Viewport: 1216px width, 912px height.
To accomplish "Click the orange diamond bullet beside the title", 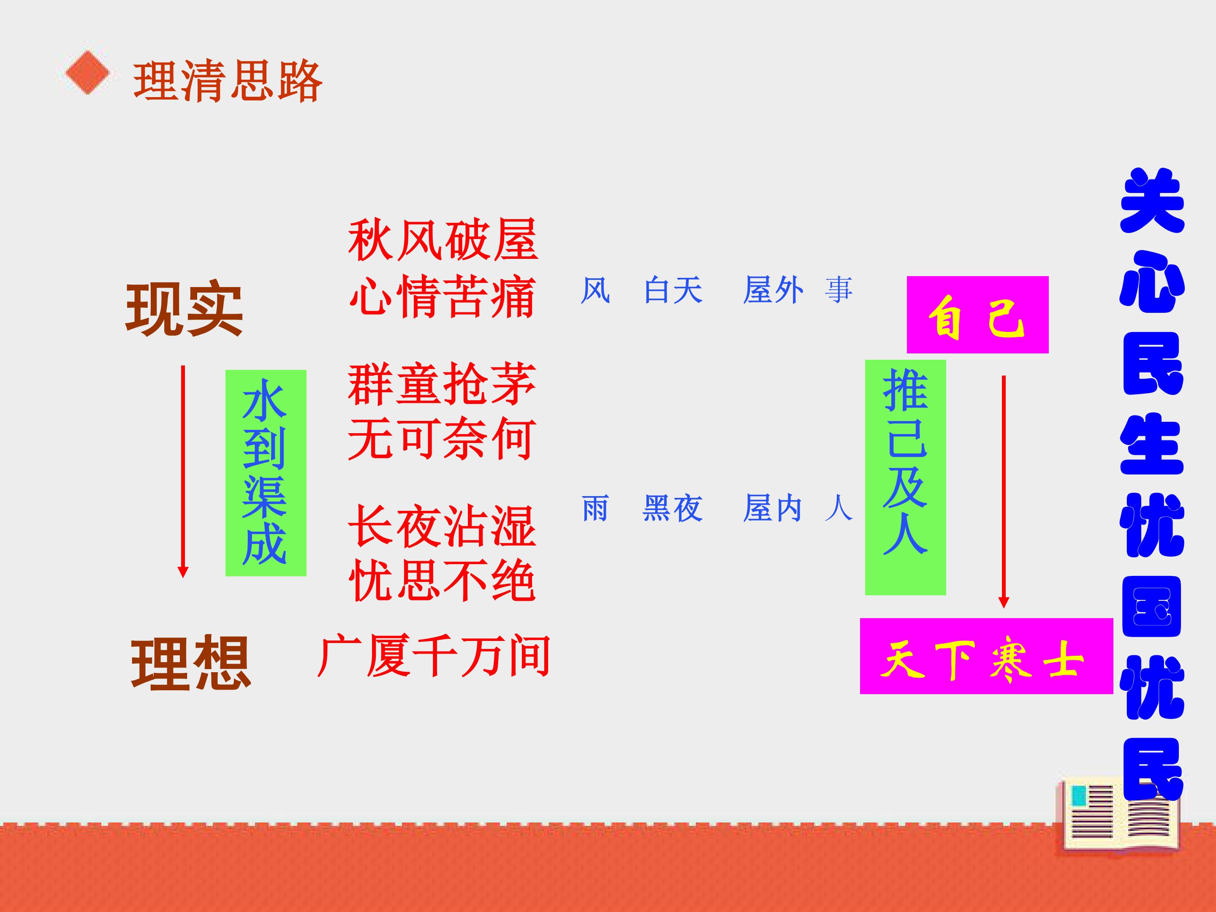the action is [87, 73].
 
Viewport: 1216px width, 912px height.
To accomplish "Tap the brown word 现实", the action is [184, 309].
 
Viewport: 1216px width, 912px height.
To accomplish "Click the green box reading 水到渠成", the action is [266, 473].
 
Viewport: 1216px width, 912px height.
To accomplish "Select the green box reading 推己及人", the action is [905, 477].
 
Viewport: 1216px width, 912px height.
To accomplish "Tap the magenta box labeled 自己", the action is [977, 315].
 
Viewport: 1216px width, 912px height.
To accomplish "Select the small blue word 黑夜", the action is [673, 508].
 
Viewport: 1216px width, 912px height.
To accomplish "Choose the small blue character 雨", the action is [595, 508].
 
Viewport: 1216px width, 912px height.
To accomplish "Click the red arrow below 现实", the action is [183, 471].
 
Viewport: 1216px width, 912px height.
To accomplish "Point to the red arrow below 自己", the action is [1004, 491].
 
